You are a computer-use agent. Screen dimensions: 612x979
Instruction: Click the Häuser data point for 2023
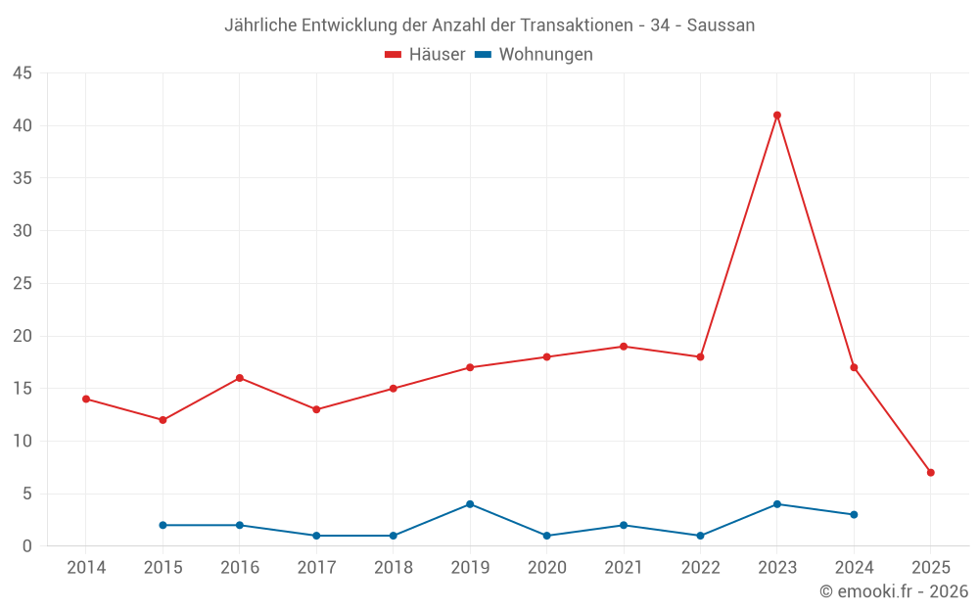[777, 116]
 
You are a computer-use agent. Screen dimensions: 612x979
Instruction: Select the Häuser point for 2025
[931, 473]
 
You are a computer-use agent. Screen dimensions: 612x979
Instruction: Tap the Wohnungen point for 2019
[470, 504]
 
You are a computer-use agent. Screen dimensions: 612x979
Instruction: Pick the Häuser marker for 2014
[86, 400]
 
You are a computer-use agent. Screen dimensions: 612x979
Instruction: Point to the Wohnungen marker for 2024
[854, 515]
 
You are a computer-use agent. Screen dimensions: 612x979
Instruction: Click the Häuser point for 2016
[240, 378]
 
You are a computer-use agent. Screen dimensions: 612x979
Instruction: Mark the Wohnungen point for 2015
[163, 526]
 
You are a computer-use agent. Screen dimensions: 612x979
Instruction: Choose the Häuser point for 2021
[624, 347]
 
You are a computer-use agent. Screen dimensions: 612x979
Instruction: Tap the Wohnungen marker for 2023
[777, 504]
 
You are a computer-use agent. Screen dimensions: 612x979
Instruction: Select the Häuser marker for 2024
[854, 368]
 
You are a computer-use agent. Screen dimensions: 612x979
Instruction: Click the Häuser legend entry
[425, 55]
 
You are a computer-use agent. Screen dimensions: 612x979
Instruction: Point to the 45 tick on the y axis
[23, 73]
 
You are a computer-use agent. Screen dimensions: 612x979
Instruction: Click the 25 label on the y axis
[23, 284]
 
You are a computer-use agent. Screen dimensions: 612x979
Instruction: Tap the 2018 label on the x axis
[393, 568]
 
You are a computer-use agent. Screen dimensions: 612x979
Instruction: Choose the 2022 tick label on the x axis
[700, 568]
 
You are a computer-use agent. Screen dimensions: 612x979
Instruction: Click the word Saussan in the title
[721, 25]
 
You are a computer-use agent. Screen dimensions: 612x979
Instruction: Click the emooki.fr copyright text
[894, 591]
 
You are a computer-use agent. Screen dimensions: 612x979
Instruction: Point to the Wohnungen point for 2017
[316, 536]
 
